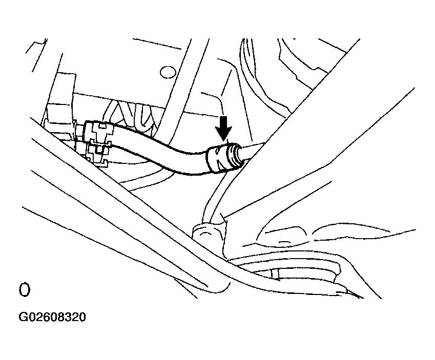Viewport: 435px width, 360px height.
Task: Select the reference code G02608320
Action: tap(52, 317)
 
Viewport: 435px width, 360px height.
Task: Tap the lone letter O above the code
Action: tap(24, 290)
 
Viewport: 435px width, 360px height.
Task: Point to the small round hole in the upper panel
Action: tap(168, 72)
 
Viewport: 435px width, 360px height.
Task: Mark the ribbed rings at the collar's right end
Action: tap(235, 156)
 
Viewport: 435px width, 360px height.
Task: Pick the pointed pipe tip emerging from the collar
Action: tap(253, 151)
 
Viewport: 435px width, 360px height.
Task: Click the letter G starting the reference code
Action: tap(22, 317)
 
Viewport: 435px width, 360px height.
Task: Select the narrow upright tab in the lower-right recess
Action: tap(275, 273)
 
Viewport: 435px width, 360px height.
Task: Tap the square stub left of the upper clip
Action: tap(79, 131)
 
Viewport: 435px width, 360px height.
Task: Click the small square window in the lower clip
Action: tap(98, 150)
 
